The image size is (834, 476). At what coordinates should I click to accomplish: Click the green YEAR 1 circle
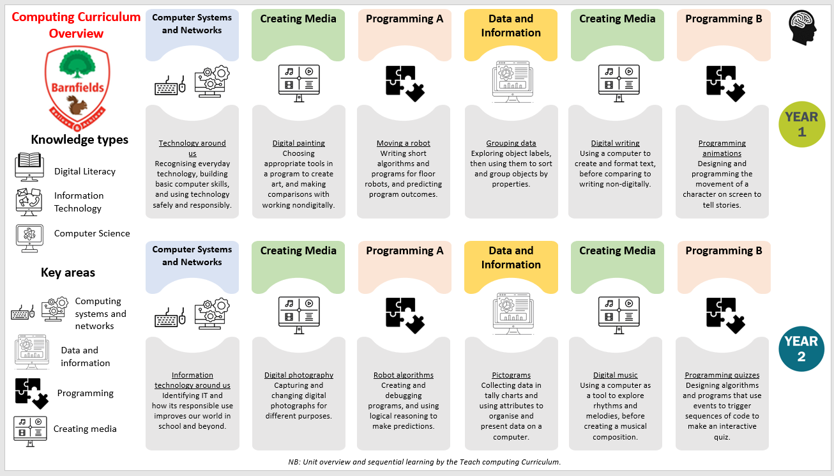click(801, 124)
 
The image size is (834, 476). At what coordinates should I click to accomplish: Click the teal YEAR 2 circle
click(801, 349)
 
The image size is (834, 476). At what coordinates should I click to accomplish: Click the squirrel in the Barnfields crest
click(77, 105)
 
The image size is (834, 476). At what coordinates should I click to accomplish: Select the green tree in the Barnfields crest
click(77, 64)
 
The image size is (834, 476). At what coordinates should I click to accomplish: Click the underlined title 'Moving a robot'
click(403, 143)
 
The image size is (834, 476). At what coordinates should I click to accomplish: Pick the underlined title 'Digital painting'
click(299, 143)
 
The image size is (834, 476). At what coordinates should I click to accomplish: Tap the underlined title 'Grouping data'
click(511, 143)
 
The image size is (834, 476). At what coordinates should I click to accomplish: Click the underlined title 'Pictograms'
click(512, 375)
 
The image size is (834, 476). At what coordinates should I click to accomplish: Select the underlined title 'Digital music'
click(615, 375)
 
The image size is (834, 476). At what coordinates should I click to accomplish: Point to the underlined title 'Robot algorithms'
click(403, 375)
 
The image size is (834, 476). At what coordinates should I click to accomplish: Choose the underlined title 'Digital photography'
click(299, 375)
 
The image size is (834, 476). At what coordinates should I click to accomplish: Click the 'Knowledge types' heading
click(80, 140)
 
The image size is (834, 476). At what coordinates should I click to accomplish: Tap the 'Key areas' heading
click(68, 273)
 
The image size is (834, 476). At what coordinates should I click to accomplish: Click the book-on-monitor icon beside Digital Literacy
click(29, 167)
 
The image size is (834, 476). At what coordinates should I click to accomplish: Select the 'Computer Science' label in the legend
click(92, 234)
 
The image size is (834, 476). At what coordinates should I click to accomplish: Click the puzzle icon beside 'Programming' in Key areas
click(32, 394)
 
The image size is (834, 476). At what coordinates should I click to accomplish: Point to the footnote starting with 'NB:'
click(425, 462)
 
